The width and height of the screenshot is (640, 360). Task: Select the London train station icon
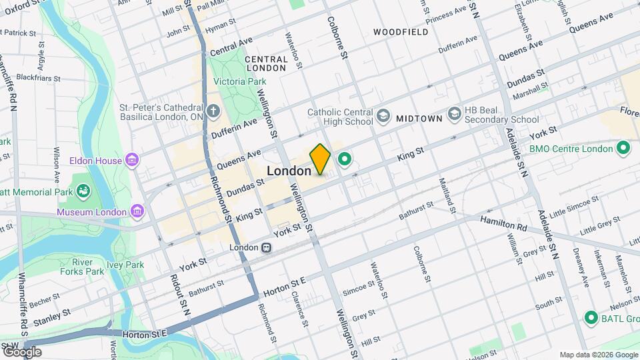pos(266,247)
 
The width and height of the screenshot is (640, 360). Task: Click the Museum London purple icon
pos(137,212)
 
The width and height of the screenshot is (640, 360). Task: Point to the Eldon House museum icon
pos(133,161)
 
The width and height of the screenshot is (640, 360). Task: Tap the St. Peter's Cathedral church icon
pos(213,111)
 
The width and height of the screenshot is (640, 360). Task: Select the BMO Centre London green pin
pos(624,147)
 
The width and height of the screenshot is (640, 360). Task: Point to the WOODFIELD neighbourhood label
pos(400,32)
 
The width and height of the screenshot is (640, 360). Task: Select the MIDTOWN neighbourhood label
pos(419,118)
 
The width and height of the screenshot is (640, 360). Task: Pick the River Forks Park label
pos(88,267)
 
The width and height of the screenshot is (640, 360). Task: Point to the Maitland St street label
pos(447,192)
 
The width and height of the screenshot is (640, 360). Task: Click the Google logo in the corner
pos(22,351)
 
